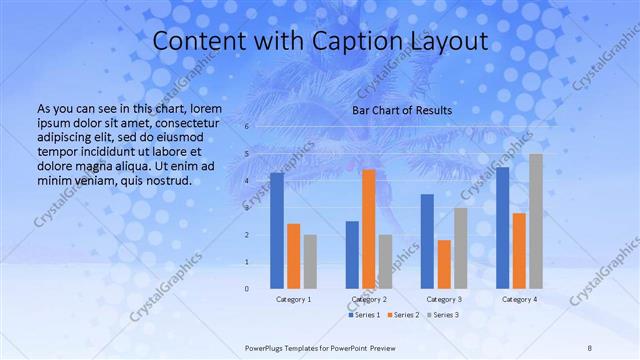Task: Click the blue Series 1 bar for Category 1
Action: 277,231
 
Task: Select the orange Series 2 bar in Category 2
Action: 369,229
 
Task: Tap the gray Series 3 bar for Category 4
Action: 536,221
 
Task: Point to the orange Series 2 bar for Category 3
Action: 444,264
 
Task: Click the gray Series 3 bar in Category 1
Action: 310,261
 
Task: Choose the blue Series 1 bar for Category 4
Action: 503,228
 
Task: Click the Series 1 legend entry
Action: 365,315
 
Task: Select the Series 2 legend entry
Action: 403,315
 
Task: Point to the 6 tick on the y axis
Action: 247,127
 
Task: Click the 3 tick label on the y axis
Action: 247,208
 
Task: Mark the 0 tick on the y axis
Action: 247,289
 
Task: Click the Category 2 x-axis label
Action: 369,299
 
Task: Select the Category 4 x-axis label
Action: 519,299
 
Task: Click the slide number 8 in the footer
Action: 590,347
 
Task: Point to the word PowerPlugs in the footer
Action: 265,347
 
